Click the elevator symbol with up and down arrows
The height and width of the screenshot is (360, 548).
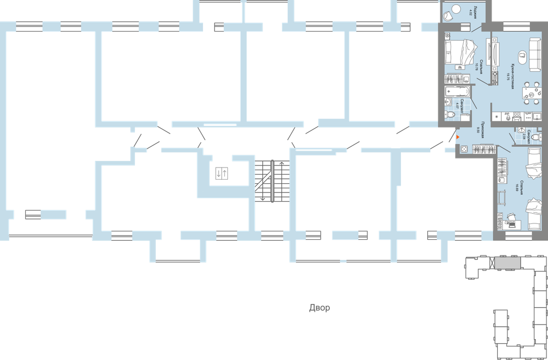click(222, 173)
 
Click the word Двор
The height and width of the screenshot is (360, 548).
click(319, 308)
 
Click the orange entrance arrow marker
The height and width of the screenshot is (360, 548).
click(458, 137)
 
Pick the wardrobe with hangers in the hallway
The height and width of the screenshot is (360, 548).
click(484, 149)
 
